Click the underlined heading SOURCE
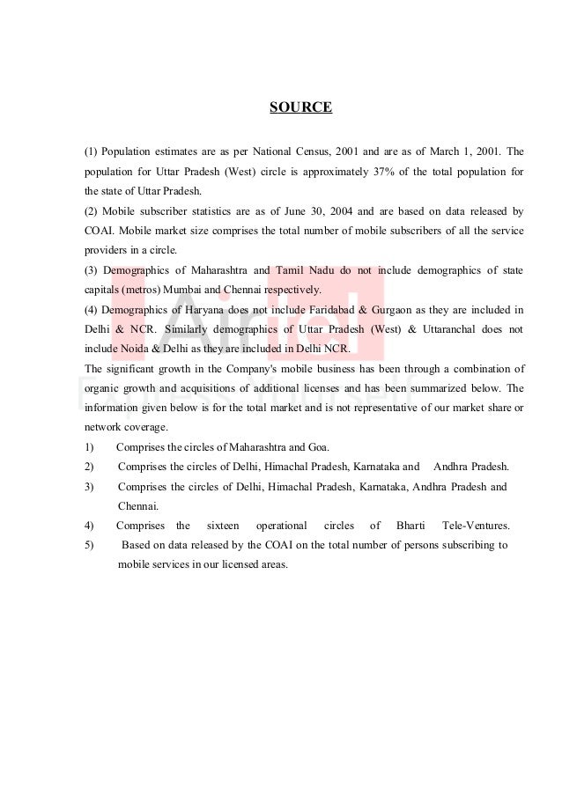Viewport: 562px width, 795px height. tap(300, 108)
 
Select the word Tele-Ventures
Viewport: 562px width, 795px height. tap(476, 526)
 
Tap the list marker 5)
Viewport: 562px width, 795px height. tap(90, 545)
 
